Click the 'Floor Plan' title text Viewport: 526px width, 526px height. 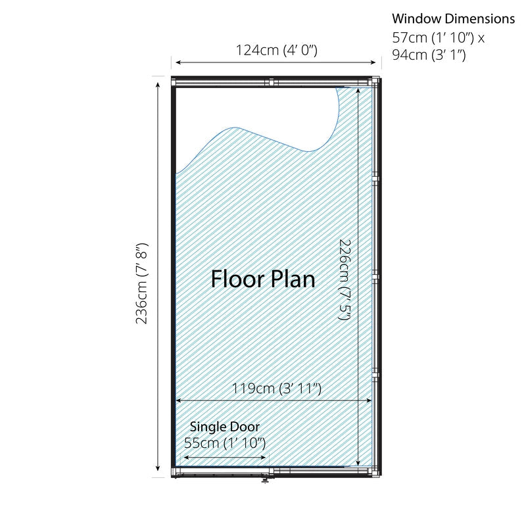click(264, 279)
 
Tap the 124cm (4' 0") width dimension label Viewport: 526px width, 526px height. click(276, 51)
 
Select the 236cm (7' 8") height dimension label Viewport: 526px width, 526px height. click(141, 283)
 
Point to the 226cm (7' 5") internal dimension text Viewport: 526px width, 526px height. click(345, 279)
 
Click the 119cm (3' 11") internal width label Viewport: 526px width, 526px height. click(277, 389)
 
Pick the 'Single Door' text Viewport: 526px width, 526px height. click(225, 427)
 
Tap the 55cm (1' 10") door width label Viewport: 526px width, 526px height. click(225, 443)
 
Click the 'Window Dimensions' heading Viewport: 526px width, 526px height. click(453, 18)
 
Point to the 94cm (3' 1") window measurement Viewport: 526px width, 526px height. click(429, 55)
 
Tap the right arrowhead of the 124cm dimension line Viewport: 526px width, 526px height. click(373, 62)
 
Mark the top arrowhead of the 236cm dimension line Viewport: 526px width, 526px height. click(158, 85)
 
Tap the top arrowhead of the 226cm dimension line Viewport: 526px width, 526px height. click(358, 91)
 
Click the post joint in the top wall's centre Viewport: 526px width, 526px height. click(272, 82)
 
